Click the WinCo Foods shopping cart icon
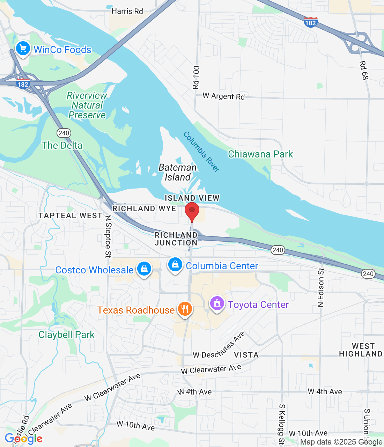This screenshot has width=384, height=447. pyautogui.click(x=23, y=49)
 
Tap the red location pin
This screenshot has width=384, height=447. pyautogui.click(x=192, y=211)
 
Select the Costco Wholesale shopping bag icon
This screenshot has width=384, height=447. pyautogui.click(x=144, y=269)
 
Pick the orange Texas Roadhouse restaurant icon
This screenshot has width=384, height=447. pyautogui.click(x=185, y=309)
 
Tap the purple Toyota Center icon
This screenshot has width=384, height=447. pyautogui.click(x=217, y=303)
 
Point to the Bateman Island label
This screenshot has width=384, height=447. pyautogui.click(x=177, y=172)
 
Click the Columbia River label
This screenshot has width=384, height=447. pyautogui.click(x=201, y=152)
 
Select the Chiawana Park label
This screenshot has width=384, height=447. pyautogui.click(x=260, y=154)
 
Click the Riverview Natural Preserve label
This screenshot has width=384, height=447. pyautogui.click(x=87, y=105)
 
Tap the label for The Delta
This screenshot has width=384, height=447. pyautogui.click(x=62, y=145)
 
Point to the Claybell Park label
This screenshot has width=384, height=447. pyautogui.click(x=66, y=335)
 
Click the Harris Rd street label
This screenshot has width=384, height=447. pyautogui.click(x=127, y=11)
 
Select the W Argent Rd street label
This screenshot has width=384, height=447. pyautogui.click(x=223, y=96)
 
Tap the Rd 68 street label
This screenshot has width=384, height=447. pyautogui.click(x=364, y=70)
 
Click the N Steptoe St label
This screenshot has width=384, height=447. pyautogui.click(x=108, y=236)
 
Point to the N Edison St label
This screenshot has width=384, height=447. pyautogui.click(x=321, y=287)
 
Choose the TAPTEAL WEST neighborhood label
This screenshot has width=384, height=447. pyautogui.click(x=71, y=215)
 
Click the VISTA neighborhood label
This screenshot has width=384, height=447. pyautogui.click(x=246, y=355)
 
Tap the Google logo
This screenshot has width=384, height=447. pyautogui.click(x=24, y=439)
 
